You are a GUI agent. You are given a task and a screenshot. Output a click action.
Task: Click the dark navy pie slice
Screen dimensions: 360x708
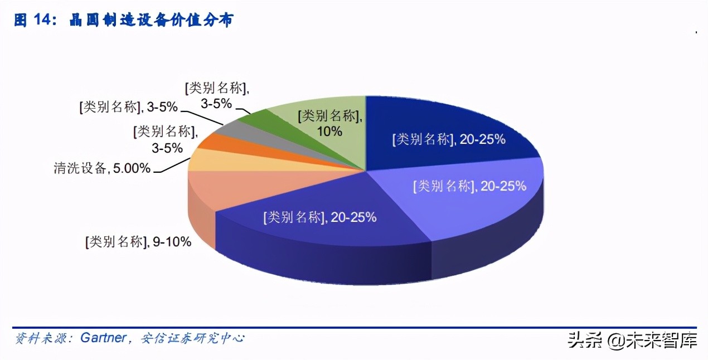446,128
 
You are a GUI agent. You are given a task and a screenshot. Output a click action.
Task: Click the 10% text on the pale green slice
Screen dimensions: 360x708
329,132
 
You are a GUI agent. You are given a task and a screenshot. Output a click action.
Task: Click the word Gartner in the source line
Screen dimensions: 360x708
103,338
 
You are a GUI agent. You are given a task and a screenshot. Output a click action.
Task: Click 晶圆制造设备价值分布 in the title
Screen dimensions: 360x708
151,21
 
